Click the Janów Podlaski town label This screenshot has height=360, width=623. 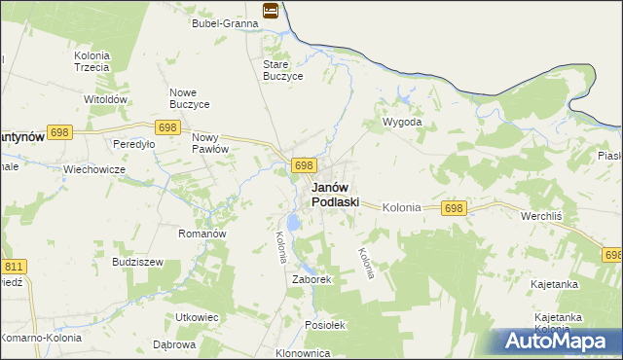click(x=335, y=195)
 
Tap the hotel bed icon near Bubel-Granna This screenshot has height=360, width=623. click(x=271, y=11)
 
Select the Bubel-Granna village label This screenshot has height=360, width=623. click(x=221, y=22)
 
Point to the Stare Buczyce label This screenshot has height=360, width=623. click(x=283, y=70)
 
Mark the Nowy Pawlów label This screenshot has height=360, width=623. click(x=209, y=143)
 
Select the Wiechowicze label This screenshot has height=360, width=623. click(x=94, y=169)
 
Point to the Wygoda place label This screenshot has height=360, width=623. click(x=402, y=123)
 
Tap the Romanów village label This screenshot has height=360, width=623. click(x=202, y=234)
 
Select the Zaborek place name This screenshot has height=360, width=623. click(x=312, y=279)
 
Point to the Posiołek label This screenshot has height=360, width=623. click(x=325, y=325)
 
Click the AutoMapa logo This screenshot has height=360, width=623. click(x=556, y=342)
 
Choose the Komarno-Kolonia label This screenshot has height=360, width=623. click(x=39, y=336)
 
